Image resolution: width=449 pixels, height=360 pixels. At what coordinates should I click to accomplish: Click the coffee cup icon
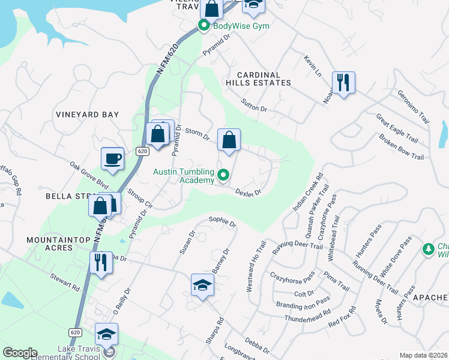point(112,159)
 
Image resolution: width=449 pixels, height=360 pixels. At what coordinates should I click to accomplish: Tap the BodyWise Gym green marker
point(203,26)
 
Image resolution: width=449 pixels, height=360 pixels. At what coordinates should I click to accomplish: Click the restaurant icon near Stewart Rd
point(101,263)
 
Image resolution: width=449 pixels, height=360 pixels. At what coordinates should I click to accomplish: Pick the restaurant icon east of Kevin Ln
point(343,83)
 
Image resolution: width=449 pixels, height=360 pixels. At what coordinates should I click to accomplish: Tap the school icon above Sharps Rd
point(202,285)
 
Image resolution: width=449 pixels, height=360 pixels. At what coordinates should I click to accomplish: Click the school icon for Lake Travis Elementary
point(106,335)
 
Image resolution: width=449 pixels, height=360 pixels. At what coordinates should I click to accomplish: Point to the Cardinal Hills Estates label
point(259,77)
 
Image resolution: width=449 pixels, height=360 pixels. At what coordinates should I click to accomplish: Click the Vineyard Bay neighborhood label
point(87,115)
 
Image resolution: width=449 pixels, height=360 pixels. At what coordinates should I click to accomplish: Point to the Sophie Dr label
point(222,222)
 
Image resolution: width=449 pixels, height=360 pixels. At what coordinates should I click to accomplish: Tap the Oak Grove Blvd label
point(88,174)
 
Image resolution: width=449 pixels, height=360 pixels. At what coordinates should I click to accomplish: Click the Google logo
point(20,353)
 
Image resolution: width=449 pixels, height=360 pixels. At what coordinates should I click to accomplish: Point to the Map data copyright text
point(423,355)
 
